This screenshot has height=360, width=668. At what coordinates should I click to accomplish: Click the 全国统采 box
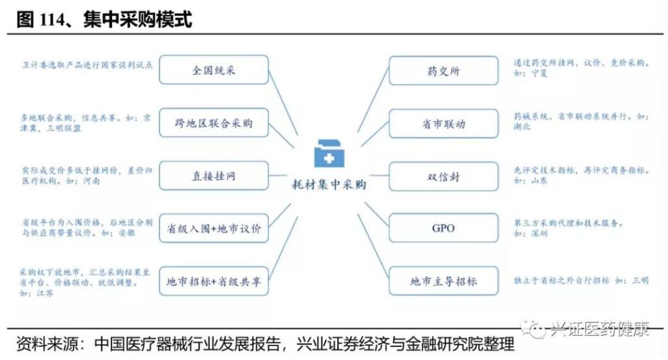214,70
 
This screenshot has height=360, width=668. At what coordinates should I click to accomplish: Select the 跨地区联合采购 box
214,122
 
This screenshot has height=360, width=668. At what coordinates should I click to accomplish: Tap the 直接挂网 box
214,176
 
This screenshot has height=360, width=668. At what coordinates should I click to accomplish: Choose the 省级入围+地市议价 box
214,228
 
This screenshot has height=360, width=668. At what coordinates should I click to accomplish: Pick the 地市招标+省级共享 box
214,282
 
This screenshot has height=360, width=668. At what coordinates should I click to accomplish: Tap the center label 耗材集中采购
329,185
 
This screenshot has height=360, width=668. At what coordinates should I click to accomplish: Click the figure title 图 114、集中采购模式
104,20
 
